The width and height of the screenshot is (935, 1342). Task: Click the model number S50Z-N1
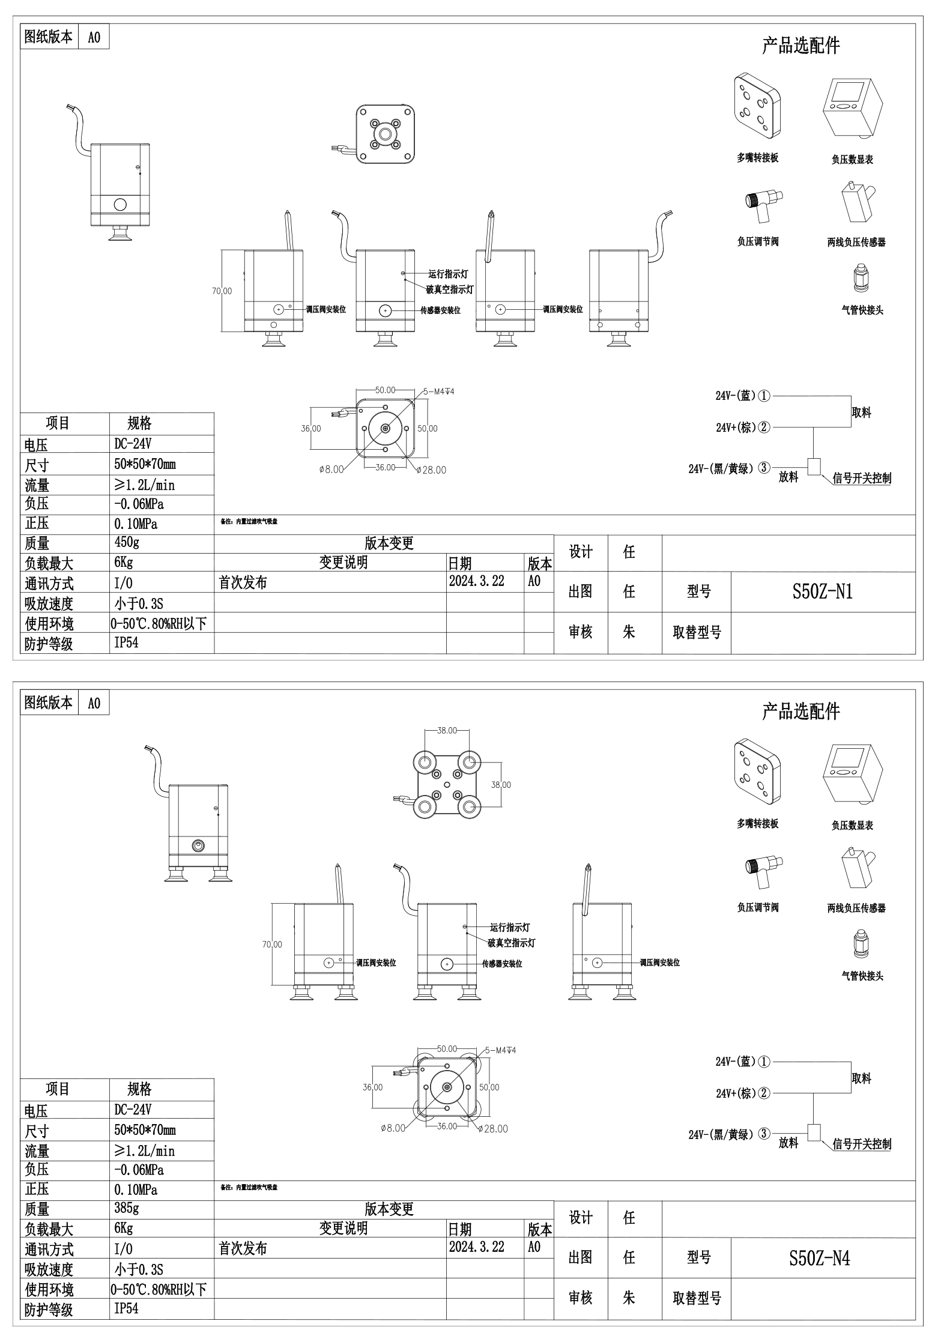click(822, 592)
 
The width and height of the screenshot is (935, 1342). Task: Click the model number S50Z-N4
click(819, 1258)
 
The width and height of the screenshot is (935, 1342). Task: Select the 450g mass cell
click(127, 542)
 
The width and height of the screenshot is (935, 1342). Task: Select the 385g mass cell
click(127, 1208)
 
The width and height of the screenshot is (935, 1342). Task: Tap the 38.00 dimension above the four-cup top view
click(447, 731)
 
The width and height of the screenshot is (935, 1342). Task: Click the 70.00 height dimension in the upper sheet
click(222, 291)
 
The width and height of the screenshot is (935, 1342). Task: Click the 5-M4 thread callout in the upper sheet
click(439, 391)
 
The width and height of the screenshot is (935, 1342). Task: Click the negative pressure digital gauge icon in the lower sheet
click(852, 775)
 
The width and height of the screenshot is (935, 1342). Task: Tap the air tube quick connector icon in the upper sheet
click(861, 280)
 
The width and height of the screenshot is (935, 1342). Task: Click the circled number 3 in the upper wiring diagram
click(764, 468)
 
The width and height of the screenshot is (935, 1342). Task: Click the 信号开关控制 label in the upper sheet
click(862, 478)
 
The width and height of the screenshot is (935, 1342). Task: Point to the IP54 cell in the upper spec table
click(127, 642)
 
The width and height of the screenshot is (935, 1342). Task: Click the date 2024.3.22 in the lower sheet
click(477, 1247)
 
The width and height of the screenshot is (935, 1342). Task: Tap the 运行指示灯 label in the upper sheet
click(448, 274)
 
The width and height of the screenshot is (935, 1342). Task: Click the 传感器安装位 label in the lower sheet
click(502, 964)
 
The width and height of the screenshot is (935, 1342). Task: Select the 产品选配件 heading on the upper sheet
click(800, 46)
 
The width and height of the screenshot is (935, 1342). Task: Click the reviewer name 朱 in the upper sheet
click(629, 632)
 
